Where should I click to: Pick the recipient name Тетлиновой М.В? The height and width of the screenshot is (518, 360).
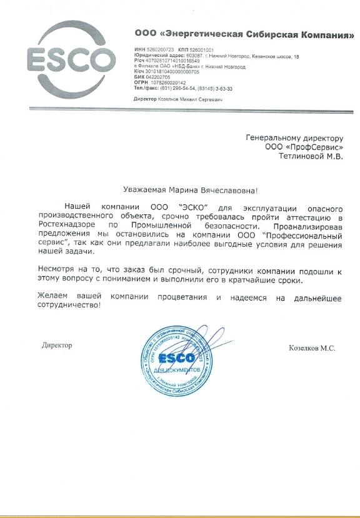pyautogui.click(x=311, y=156)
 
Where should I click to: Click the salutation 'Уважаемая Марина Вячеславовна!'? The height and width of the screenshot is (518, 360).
pyautogui.click(x=179, y=190)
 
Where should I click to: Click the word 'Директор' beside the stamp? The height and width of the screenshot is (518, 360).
pyautogui.click(x=57, y=346)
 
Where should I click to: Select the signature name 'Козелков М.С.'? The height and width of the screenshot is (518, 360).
pyautogui.click(x=313, y=348)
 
